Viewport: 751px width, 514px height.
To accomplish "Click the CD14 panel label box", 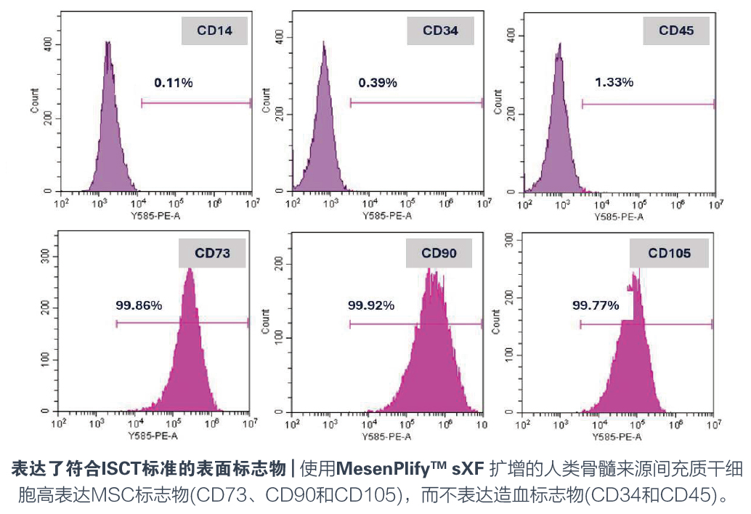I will tap(214, 31).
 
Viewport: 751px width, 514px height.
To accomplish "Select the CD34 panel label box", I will tap(441, 31).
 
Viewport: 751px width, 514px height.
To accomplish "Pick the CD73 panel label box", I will tap(212, 253).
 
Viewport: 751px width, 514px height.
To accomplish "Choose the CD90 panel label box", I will tap(439, 253).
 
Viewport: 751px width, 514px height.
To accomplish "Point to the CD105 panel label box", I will tap(669, 253).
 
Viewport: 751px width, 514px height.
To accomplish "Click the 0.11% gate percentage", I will tap(173, 83).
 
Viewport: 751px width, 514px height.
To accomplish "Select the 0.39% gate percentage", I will tap(378, 83).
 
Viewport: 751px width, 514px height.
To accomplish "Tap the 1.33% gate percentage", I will tap(614, 83).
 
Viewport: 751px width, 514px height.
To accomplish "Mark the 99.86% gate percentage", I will tap(139, 305).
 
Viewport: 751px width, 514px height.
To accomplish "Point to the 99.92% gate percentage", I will tap(371, 305).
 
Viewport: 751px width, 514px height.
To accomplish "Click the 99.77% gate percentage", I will tap(596, 305).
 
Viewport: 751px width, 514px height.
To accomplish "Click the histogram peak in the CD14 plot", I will tap(107, 44).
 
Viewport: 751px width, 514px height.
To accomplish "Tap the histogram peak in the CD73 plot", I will tap(190, 270).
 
